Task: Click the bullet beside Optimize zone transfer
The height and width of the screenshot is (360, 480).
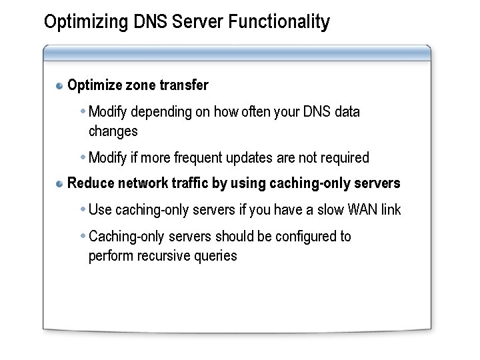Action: click(x=60, y=86)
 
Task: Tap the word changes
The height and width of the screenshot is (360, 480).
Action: click(x=113, y=131)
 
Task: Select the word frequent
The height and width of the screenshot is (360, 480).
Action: click(x=198, y=158)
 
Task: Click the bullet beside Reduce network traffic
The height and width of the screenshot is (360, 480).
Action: click(x=60, y=184)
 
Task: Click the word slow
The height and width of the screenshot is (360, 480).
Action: click(x=329, y=210)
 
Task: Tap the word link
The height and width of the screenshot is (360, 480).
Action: click(x=391, y=210)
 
